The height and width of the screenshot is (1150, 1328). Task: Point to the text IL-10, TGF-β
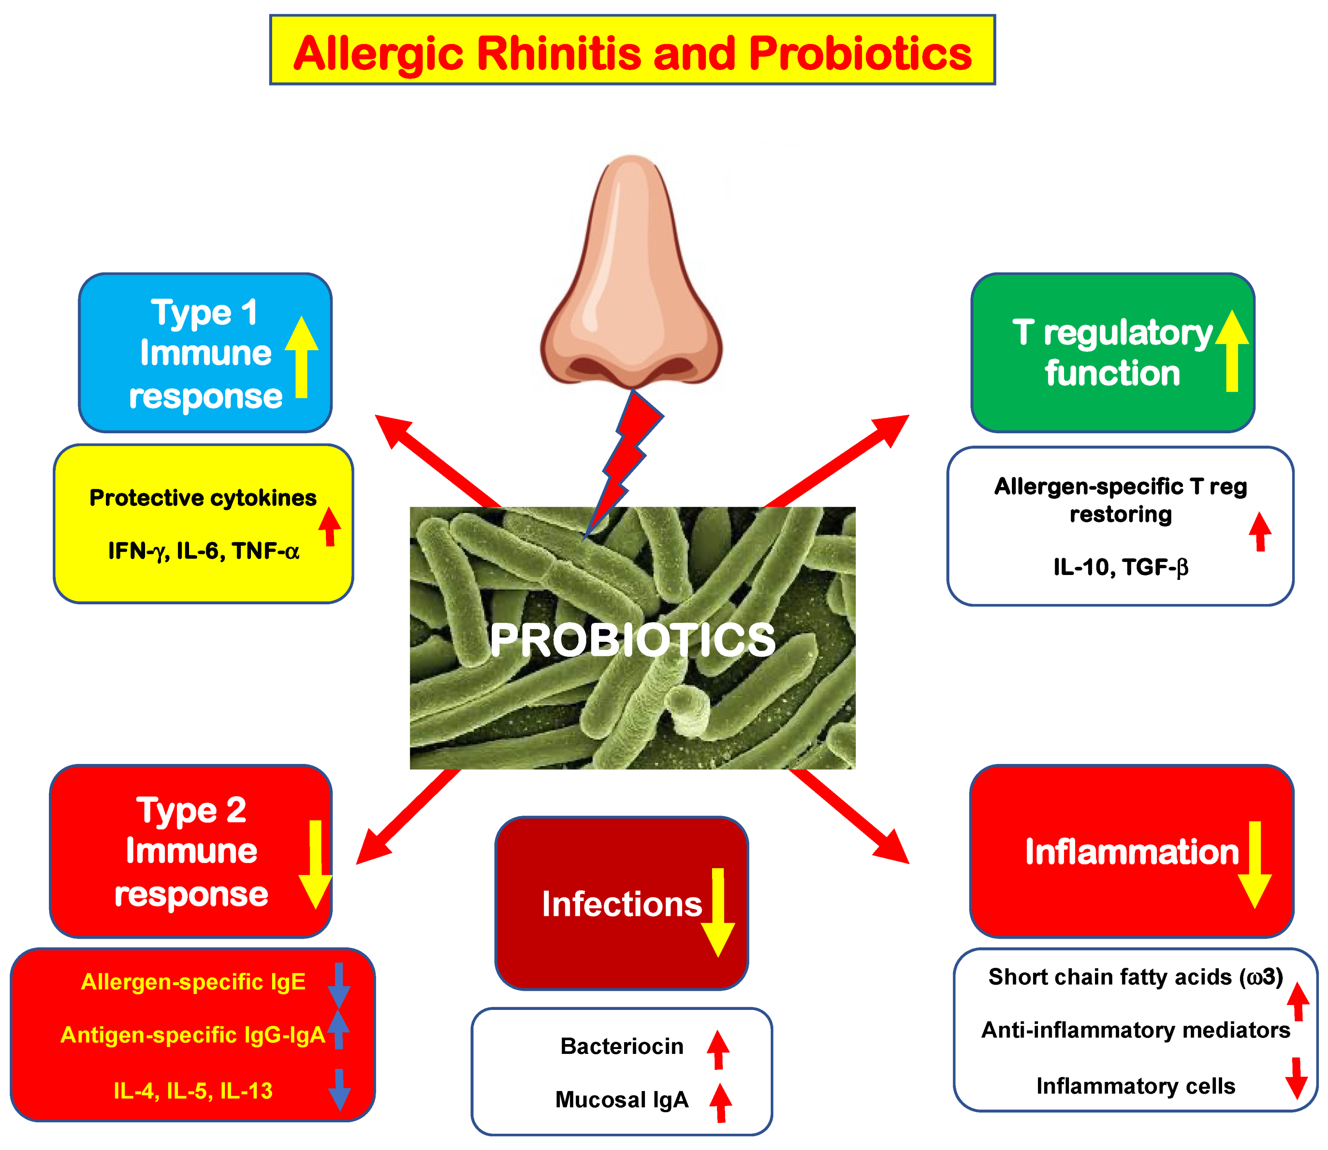pos(1121,567)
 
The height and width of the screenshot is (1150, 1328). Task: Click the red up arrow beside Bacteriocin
pos(718,1049)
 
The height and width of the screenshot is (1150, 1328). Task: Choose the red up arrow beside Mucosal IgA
pos(720,1102)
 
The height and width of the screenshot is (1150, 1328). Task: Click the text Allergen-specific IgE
pos(193,982)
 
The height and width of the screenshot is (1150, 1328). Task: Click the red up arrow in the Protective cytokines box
pos(330,526)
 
